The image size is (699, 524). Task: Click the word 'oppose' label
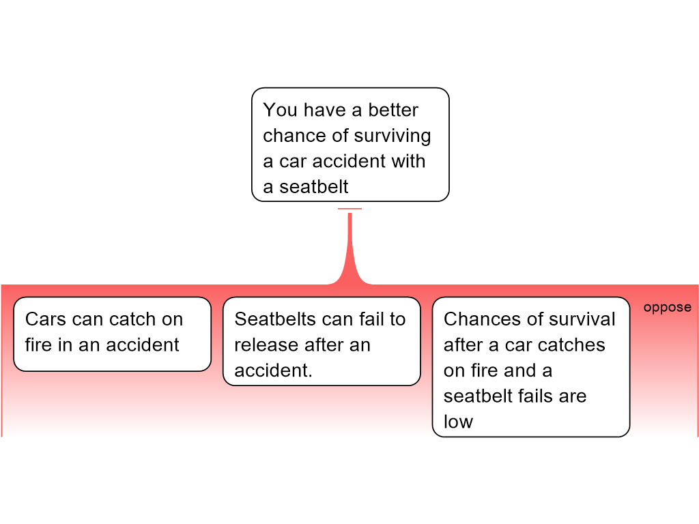pos(667,308)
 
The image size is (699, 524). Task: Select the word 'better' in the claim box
pos(393,110)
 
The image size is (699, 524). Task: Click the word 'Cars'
pos(45,319)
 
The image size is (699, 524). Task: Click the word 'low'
pos(458,422)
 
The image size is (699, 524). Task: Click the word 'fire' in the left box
pos(39,345)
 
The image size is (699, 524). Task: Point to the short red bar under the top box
pos(350,209)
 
